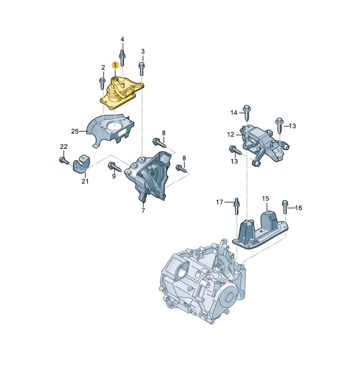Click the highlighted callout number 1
tap(115, 65)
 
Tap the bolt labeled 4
tap(122, 58)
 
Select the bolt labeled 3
tap(142, 69)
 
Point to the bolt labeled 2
tap(102, 83)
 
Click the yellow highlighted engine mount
tap(122, 93)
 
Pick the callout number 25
tap(75, 131)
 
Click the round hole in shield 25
tap(115, 125)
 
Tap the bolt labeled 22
tap(64, 161)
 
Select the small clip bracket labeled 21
tap(81, 164)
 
